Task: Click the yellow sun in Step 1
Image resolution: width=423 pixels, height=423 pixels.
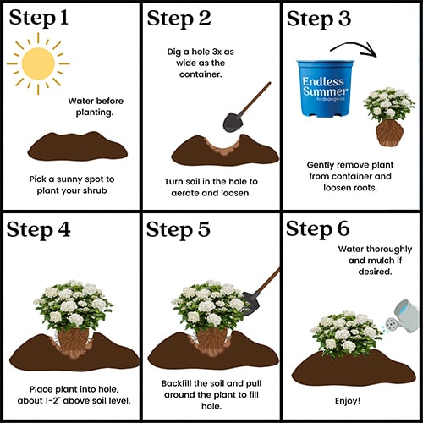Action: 38,63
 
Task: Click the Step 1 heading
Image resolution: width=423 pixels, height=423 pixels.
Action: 39,19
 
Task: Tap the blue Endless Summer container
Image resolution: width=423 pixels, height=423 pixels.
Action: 326,88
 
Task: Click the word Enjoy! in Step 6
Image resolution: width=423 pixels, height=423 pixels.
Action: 348,401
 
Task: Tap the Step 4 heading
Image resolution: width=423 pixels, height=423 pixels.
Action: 38,230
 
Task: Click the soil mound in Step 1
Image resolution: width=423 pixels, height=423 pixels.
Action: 78,146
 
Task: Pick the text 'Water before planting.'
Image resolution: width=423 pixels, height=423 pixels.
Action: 96,107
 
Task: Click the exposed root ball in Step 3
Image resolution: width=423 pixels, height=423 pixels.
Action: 390,133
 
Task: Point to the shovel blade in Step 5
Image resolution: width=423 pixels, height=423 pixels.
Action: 250,303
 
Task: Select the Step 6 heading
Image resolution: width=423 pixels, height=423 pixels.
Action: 318,228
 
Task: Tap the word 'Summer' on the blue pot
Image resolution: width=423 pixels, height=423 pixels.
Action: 325,91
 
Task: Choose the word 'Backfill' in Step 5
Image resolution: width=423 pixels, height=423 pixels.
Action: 176,383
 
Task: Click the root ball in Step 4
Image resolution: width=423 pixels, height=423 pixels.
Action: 73,342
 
